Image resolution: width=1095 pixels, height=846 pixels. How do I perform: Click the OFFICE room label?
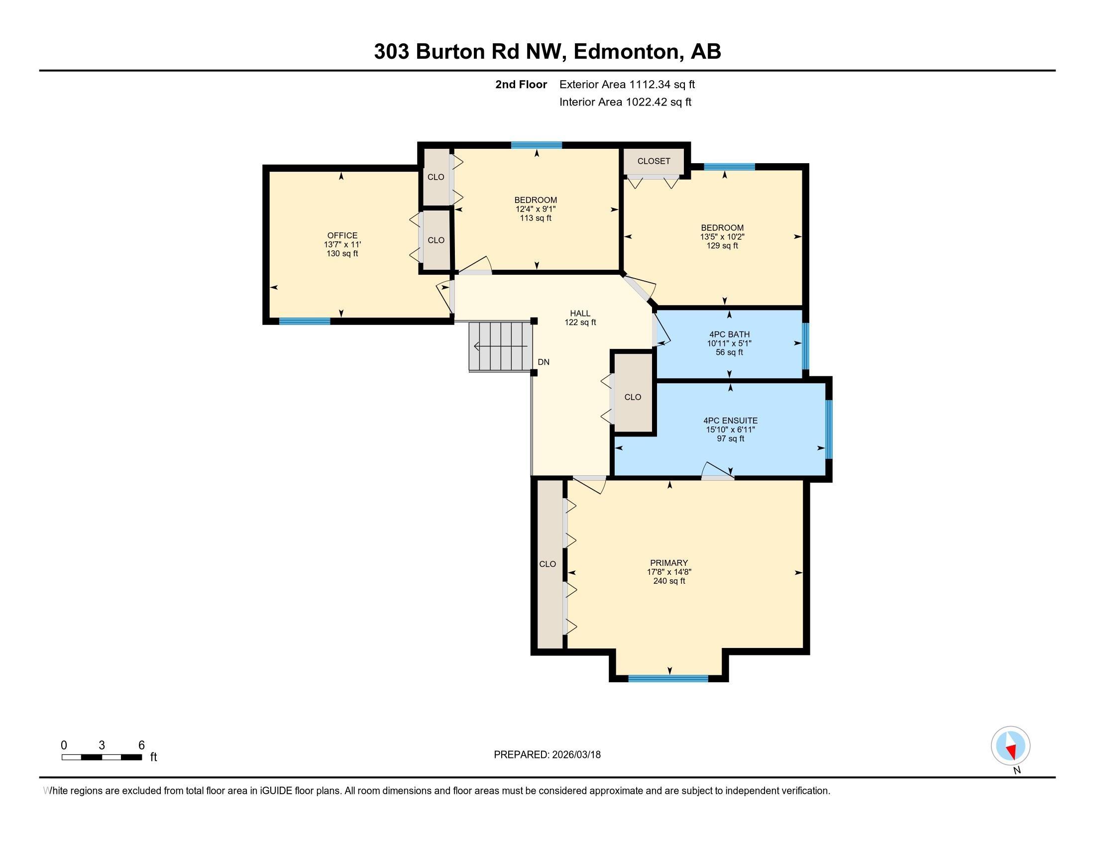coord(342,235)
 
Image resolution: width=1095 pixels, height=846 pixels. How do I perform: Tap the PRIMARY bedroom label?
coord(669,563)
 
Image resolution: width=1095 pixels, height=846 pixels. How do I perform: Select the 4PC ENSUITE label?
coord(731,421)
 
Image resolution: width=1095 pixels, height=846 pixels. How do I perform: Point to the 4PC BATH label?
coord(729,334)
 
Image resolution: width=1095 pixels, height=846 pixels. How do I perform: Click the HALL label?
coord(580,314)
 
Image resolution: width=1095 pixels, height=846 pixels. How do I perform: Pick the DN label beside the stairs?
coord(544,362)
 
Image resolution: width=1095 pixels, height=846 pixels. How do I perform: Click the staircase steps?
coord(500,346)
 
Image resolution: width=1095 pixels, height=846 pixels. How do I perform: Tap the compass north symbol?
coord(1010,745)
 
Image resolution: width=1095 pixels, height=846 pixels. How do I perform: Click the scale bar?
coord(101,757)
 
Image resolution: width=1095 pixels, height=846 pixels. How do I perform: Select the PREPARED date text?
coord(547,754)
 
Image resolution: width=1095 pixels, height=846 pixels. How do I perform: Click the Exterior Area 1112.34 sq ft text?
coord(627,84)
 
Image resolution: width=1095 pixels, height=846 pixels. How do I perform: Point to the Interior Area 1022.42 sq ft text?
coord(625,102)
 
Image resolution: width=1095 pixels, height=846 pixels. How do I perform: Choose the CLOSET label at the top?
coord(654,161)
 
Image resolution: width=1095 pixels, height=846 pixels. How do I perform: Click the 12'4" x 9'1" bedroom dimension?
coord(536,209)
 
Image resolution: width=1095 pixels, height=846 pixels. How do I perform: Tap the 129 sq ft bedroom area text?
coord(722,245)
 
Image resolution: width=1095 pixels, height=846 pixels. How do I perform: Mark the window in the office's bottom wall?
coord(305,321)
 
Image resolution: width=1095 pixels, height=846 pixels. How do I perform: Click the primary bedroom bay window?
coord(668,679)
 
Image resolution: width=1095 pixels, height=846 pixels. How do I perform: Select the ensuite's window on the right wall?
coord(829,429)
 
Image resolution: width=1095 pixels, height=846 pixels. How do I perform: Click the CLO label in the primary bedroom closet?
coord(547,564)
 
